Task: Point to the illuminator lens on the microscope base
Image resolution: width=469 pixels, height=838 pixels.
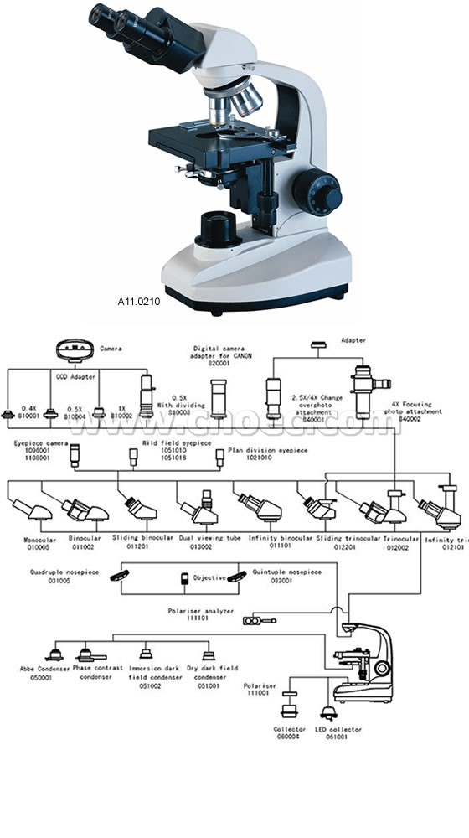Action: pos(219,225)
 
